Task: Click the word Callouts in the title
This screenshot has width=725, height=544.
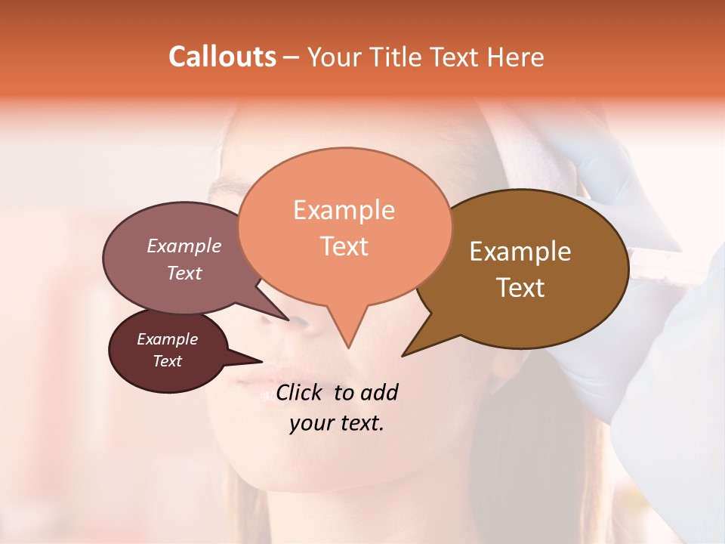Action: pyautogui.click(x=222, y=57)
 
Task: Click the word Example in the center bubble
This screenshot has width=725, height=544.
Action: pyautogui.click(x=344, y=210)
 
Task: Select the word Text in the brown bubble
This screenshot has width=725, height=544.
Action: pyautogui.click(x=520, y=288)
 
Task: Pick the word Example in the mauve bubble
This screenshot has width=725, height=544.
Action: pyautogui.click(x=184, y=246)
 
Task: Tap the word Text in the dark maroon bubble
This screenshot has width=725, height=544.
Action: pyautogui.click(x=168, y=361)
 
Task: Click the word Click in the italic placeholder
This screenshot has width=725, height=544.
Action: pyautogui.click(x=300, y=392)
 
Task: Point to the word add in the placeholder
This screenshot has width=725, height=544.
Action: pyautogui.click(x=379, y=392)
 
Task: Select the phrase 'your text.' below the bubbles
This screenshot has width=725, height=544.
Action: pyautogui.click(x=336, y=423)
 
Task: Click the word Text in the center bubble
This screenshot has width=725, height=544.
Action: pyautogui.click(x=344, y=246)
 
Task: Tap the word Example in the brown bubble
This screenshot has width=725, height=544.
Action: pyautogui.click(x=520, y=252)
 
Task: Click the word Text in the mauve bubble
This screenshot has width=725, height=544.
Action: pyautogui.click(x=184, y=273)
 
